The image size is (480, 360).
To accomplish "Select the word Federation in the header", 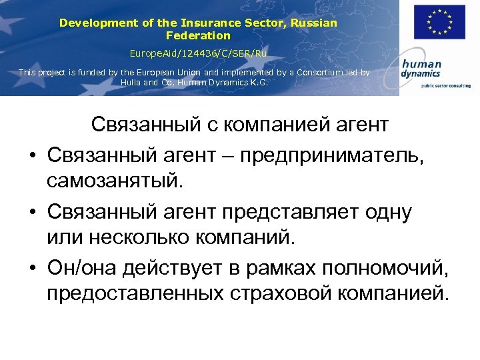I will click(198, 35).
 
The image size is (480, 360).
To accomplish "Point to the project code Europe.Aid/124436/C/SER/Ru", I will click(198, 52).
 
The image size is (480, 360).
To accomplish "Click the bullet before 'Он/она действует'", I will click(31, 268).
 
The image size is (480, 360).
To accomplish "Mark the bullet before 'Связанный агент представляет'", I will click(31, 213).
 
